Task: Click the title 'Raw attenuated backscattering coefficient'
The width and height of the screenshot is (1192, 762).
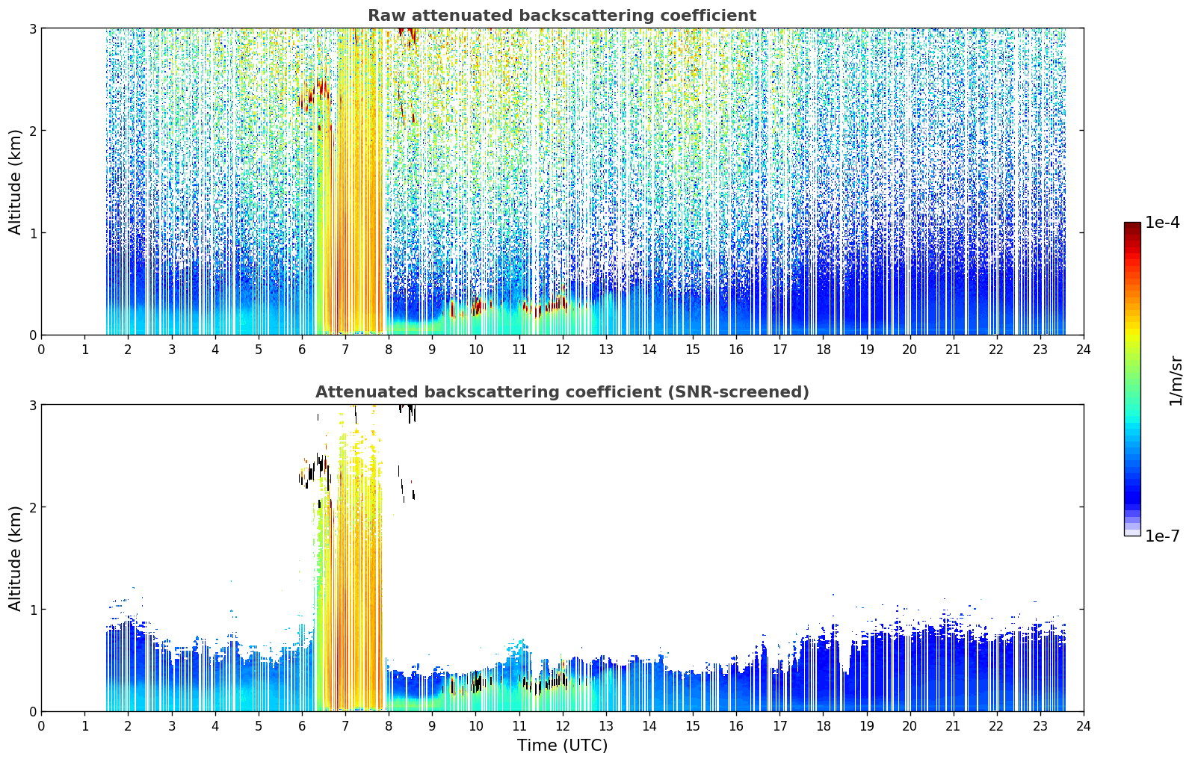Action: click(562, 16)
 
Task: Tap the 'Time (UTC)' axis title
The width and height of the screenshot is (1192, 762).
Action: click(562, 745)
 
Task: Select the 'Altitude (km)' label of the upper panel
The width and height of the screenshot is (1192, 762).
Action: click(15, 182)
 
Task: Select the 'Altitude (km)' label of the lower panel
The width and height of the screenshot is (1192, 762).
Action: click(15, 558)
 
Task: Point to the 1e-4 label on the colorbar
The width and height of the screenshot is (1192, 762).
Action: click(1162, 223)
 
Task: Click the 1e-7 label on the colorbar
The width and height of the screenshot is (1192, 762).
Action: click(1162, 536)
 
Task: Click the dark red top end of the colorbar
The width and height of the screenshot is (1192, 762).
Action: click(1132, 224)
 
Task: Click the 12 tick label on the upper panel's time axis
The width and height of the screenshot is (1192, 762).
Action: click(563, 350)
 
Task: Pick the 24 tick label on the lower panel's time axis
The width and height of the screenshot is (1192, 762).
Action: click(1084, 726)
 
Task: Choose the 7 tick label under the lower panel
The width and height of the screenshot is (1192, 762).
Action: click(345, 726)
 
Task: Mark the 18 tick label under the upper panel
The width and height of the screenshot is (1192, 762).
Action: click(824, 350)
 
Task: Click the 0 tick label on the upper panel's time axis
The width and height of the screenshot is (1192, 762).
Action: click(42, 350)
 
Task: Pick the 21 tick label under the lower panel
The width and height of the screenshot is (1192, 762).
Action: click(953, 726)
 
